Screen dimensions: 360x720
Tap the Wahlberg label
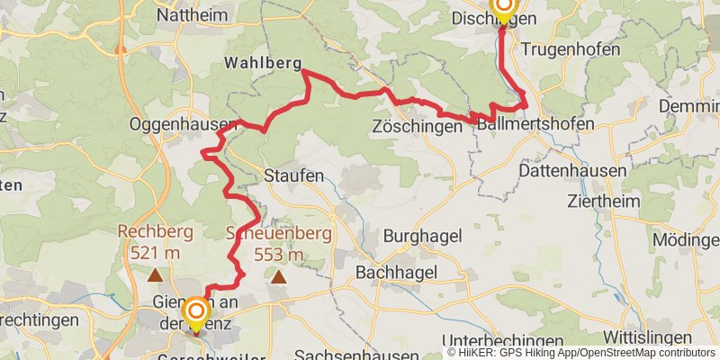(262, 65)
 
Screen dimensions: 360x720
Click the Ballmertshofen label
(535, 123)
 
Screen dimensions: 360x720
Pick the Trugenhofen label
(571, 49)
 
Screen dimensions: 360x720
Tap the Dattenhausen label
(573, 170)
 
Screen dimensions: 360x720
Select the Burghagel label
(423, 236)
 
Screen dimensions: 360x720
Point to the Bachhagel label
(396, 271)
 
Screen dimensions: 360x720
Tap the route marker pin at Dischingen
(502, 9)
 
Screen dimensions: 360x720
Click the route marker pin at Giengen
(194, 316)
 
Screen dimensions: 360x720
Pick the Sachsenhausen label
(346, 353)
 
